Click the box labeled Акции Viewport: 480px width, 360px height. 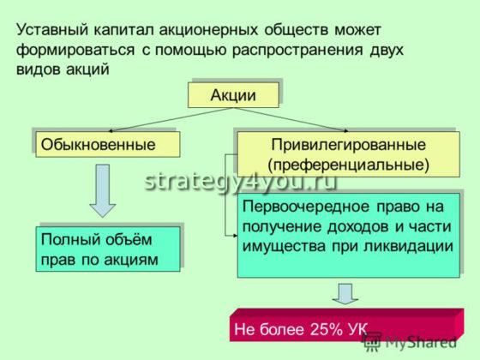[233, 95]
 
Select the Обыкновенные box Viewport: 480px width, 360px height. [105, 144]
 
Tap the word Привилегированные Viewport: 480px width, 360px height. [348, 144]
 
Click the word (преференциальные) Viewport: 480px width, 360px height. [348, 162]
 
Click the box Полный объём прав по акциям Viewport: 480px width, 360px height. [108, 249]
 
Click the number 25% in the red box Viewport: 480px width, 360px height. [314, 329]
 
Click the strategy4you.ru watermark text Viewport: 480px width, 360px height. [240, 181]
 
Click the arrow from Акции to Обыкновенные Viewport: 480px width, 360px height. [146, 119]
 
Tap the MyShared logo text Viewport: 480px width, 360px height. [420, 342]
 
